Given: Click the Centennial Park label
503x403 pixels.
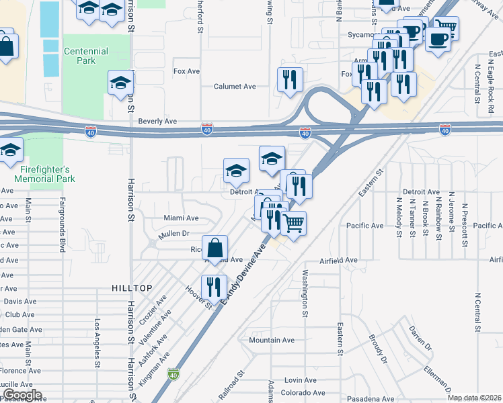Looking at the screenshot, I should point(85,56).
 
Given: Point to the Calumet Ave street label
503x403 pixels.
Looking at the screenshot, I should point(235,87).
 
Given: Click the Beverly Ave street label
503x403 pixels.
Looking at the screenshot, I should point(157,122).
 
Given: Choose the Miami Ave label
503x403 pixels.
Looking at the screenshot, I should point(181,218).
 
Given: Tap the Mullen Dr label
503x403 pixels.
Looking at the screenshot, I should point(174,234).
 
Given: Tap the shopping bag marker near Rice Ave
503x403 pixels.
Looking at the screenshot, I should point(215,248).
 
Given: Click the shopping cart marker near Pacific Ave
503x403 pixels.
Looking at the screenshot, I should point(294,222).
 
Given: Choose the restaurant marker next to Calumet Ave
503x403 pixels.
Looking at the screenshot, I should point(290,79).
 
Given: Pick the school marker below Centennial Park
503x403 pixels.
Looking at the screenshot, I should point(120,83).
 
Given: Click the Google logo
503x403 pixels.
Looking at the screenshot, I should point(22,395).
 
